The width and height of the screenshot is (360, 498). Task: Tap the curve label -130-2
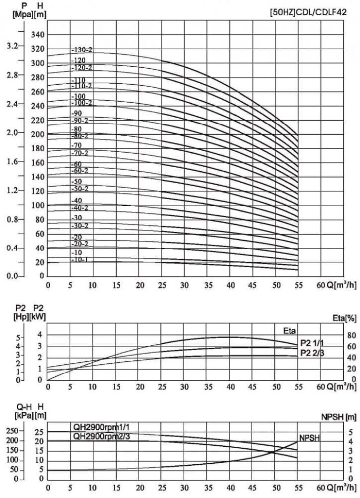tap(82, 50)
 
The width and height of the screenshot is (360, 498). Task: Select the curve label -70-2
tap(80, 153)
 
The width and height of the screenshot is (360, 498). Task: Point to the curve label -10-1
tap(80, 260)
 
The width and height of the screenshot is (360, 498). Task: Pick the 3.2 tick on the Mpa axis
tap(12, 46)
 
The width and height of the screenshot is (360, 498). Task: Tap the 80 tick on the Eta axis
tap(337, 335)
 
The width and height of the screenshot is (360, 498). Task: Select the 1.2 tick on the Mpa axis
tap(12, 190)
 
